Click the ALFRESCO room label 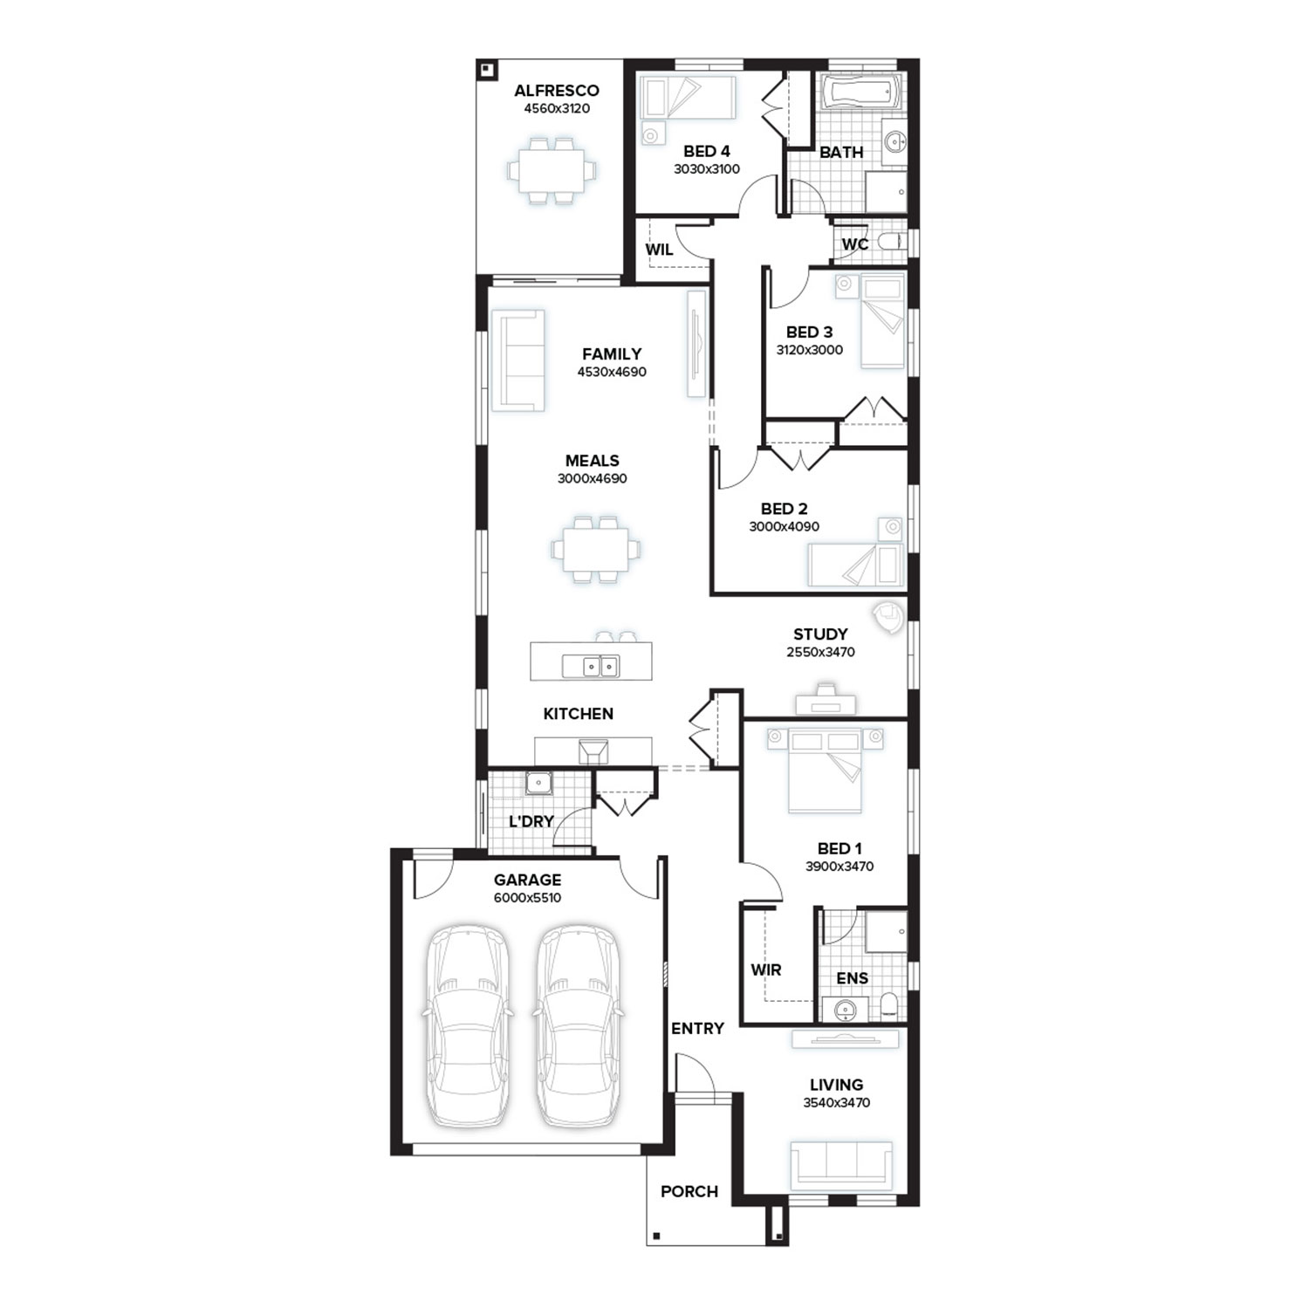556,91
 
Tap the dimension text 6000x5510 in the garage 527,898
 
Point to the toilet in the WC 892,242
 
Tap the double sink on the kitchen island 591,667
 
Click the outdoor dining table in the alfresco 553,169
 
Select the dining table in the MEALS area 595,550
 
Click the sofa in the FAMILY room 518,360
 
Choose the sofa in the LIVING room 841,1165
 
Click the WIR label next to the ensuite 766,970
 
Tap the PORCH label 689,1191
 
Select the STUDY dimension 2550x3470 820,652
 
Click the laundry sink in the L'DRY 539,783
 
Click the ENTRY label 697,1029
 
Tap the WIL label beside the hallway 659,250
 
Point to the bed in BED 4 688,97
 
